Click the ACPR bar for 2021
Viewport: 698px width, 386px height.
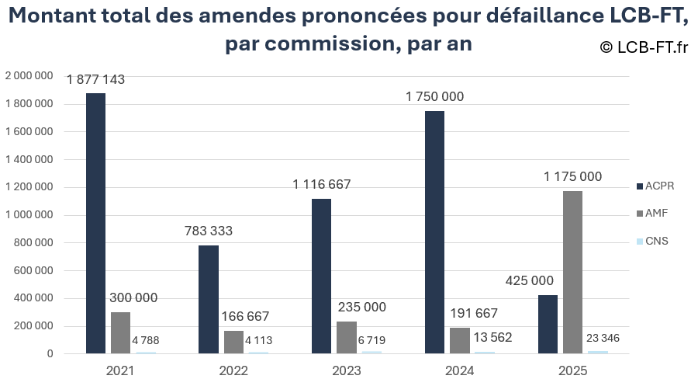[x=95, y=224]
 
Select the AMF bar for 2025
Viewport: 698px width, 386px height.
[x=572, y=272]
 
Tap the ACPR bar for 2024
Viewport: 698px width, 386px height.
[x=434, y=232]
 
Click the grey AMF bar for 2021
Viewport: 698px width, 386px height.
[x=120, y=333]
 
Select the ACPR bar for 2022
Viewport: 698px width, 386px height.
[x=209, y=300]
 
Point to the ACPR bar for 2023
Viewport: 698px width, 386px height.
[x=321, y=276]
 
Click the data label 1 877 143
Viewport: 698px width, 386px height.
[x=95, y=79]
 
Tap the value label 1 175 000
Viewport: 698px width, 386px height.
[x=572, y=177]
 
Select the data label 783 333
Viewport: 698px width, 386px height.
[x=209, y=231]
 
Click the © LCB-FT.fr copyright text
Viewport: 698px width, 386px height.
[x=644, y=47]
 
